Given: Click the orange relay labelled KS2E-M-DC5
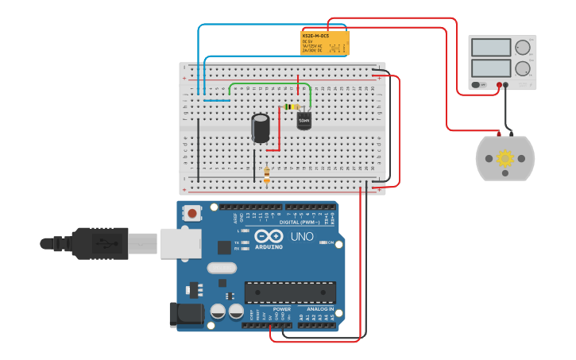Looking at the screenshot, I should coord(325,43).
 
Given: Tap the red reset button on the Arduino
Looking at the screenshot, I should coord(192,212).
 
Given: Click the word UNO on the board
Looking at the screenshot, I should coord(303,237).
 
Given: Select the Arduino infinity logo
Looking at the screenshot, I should coord(269,236).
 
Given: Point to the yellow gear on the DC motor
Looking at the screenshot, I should coord(505,158).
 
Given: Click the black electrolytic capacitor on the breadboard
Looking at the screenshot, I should coord(261,128).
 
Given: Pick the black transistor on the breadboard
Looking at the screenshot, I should coord(304,120).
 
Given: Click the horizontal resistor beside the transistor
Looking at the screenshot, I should coord(291,107).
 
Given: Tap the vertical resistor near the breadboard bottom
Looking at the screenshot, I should coord(266,174).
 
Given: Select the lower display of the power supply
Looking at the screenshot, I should coord(491,68).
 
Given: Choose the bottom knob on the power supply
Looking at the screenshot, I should coord(522,68).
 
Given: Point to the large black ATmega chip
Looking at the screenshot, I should coord(289,292).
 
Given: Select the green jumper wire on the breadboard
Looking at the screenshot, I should coord(270,83).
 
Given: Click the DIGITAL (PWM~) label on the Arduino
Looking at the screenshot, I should coord(300,223).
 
